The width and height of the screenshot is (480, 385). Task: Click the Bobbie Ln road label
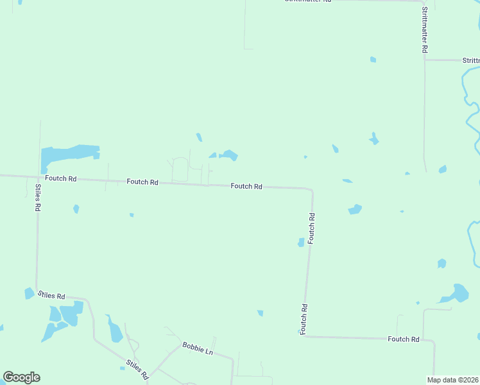click(x=197, y=348)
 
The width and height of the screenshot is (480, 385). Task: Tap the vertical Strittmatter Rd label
click(x=425, y=30)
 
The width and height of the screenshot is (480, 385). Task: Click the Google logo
click(x=21, y=377)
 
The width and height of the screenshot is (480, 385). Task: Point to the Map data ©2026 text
click(x=453, y=380)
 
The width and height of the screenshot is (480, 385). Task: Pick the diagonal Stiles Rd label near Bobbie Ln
click(x=137, y=370)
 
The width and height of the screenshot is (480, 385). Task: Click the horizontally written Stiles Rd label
click(x=51, y=296)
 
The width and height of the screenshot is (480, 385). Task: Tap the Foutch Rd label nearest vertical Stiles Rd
click(x=60, y=178)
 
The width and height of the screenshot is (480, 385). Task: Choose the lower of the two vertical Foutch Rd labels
click(x=304, y=319)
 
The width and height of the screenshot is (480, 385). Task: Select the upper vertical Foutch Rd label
click(x=312, y=228)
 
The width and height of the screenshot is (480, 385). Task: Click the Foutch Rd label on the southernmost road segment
click(x=404, y=339)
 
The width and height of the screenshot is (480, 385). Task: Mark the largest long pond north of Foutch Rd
click(x=68, y=154)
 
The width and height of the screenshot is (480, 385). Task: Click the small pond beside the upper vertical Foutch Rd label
click(x=300, y=242)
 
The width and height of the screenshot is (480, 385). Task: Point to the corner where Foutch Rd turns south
click(x=311, y=191)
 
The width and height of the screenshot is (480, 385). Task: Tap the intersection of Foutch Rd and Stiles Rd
click(x=40, y=176)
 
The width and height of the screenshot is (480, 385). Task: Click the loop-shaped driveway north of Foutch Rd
click(x=180, y=169)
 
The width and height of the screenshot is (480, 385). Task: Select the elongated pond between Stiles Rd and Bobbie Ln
click(x=115, y=331)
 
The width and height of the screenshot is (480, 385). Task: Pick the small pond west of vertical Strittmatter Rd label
click(x=373, y=60)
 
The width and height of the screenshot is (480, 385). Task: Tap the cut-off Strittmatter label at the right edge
click(x=470, y=60)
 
